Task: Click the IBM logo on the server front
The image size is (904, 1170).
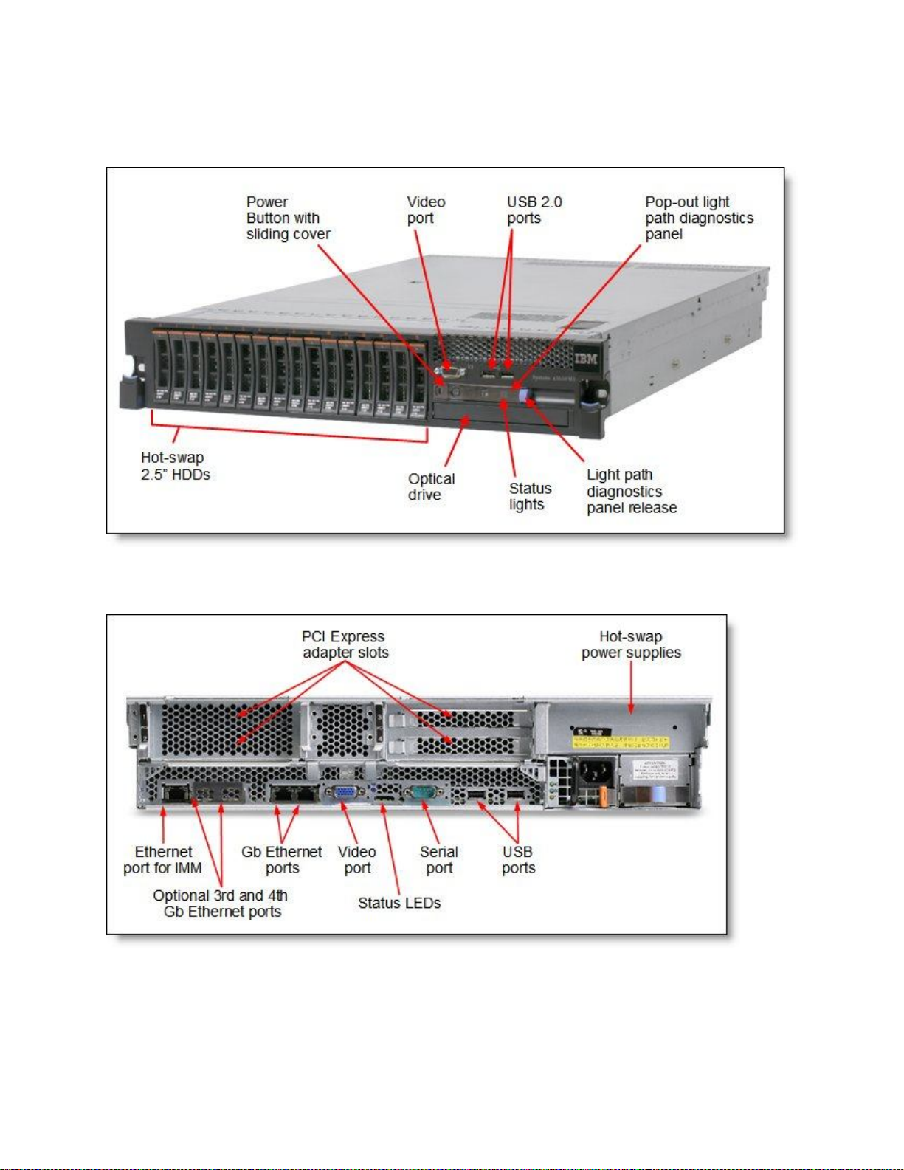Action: (586, 359)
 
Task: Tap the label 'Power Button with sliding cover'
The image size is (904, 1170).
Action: (288, 218)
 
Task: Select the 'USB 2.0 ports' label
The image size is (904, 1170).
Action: (534, 210)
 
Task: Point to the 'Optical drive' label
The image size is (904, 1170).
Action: (431, 486)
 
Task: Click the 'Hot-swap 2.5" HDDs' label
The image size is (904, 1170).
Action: (175, 466)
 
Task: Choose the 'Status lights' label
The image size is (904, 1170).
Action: (529, 496)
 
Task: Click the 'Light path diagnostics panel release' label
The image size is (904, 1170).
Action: (631, 491)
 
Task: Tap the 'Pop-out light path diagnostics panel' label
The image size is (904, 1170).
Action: (698, 218)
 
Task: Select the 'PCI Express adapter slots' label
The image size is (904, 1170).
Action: (345, 644)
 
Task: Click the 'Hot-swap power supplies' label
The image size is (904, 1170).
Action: (631, 644)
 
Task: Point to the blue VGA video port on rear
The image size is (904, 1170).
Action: (345, 794)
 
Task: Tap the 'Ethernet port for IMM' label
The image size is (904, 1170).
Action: (162, 860)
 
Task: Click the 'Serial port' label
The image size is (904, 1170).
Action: (439, 860)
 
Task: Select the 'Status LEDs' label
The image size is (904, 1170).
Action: (399, 903)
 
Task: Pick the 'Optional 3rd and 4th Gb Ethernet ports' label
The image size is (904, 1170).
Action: (221, 904)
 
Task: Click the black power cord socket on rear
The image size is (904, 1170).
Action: (594, 772)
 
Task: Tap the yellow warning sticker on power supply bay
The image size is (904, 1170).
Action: (620, 740)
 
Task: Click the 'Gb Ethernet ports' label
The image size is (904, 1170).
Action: (282, 860)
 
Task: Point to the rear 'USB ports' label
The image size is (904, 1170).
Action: (518, 860)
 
